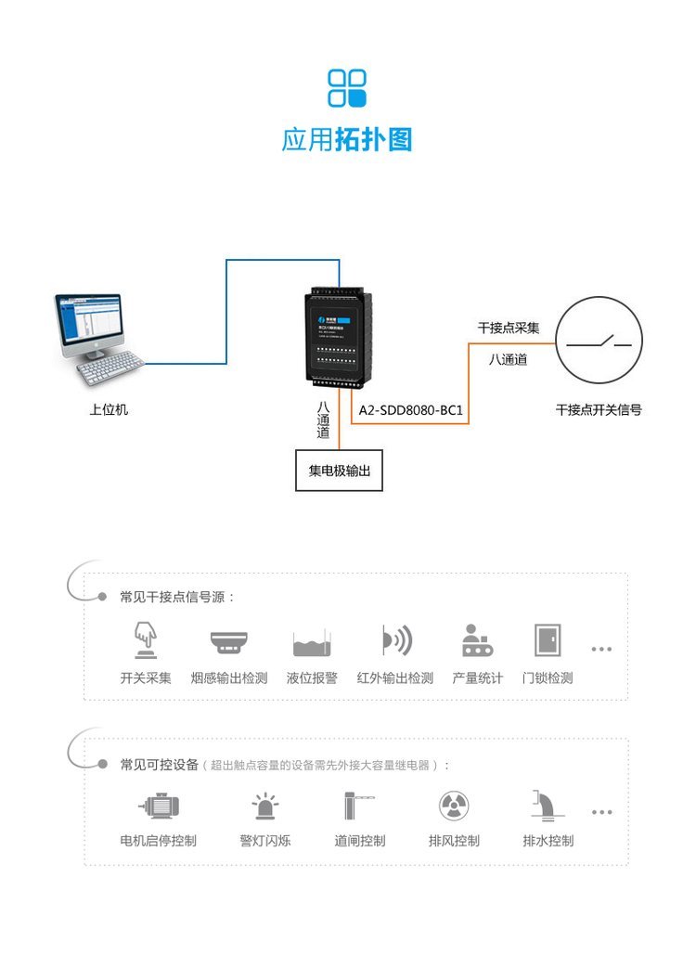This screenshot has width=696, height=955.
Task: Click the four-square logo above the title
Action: click(347, 88)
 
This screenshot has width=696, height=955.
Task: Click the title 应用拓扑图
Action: click(347, 139)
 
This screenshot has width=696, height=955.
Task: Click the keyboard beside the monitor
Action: click(110, 370)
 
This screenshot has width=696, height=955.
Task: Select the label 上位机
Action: click(109, 409)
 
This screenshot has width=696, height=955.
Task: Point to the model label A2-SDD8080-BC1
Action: click(410, 409)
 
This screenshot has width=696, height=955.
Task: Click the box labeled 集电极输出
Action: click(339, 471)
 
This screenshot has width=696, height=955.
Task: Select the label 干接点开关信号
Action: click(599, 409)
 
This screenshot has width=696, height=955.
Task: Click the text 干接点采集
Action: click(509, 328)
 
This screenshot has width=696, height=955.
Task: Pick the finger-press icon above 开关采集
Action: click(145, 639)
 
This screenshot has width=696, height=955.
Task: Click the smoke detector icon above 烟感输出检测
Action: click(228, 641)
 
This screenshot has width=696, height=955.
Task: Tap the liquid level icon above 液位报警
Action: click(312, 642)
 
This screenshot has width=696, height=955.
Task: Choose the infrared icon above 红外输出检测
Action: click(395, 640)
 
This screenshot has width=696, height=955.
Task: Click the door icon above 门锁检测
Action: click(547, 640)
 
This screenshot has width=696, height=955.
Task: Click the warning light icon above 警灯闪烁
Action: click(265, 805)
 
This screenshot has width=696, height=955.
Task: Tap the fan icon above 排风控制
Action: click(454, 805)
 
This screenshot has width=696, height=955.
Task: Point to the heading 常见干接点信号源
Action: click(177, 597)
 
